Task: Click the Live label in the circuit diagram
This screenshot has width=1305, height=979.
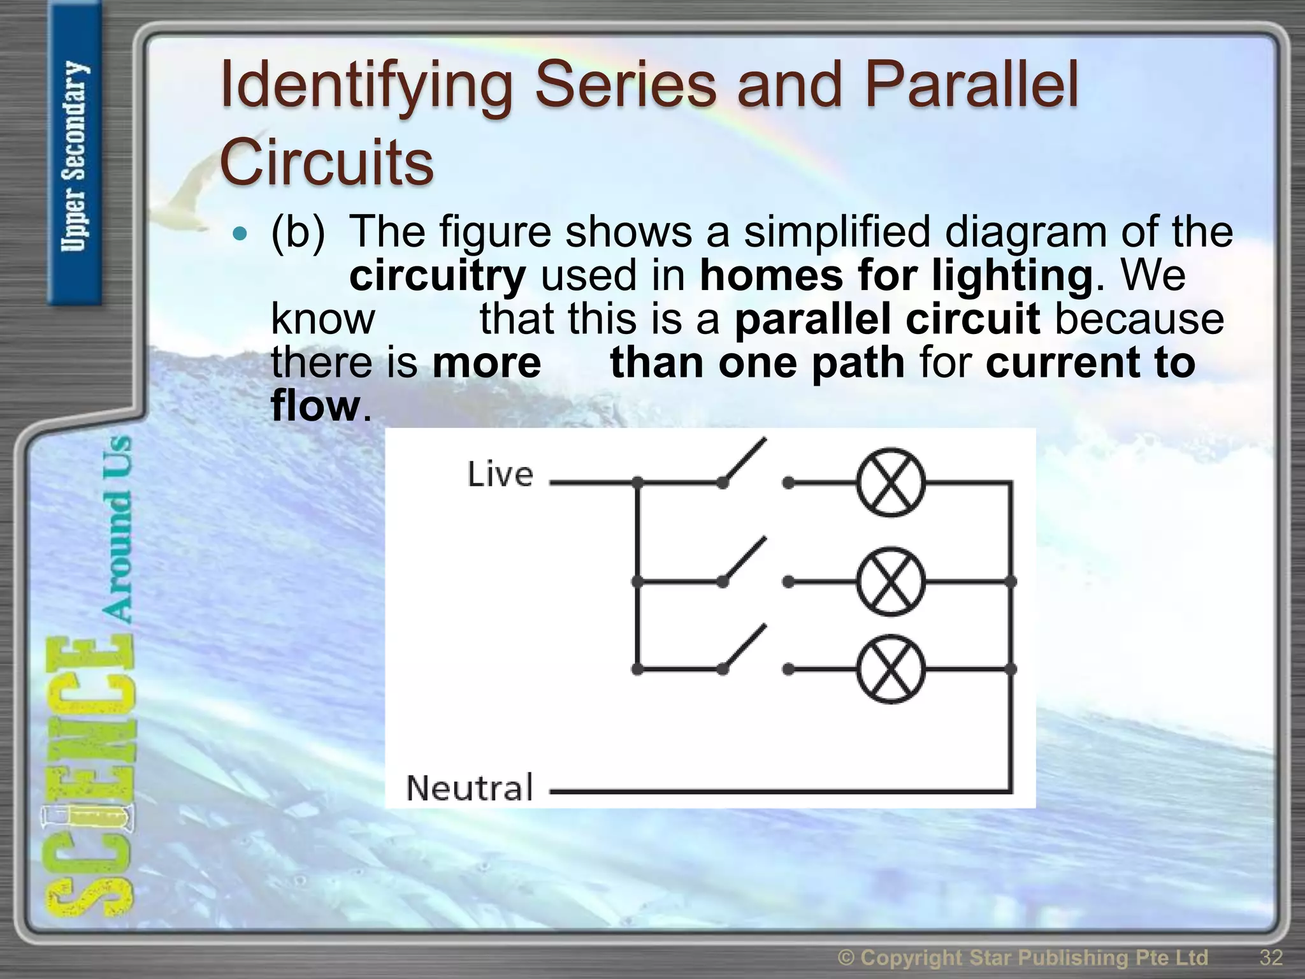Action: (500, 475)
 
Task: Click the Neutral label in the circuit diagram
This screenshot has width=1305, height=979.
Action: (470, 788)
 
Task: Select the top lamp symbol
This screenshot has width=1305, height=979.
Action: (890, 482)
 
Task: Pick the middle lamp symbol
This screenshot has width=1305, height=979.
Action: (890, 581)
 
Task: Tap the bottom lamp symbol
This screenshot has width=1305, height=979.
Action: (890, 669)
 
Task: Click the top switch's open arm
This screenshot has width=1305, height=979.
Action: (744, 461)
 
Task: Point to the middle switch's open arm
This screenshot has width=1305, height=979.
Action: (744, 560)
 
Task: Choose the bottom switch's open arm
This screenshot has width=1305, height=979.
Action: (744, 648)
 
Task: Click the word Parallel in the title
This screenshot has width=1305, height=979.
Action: (971, 86)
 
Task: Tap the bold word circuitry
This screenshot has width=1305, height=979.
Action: (438, 275)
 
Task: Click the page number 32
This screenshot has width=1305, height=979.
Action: (1271, 957)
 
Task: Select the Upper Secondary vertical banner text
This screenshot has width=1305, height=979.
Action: (75, 156)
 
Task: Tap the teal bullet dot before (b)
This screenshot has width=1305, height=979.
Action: (240, 234)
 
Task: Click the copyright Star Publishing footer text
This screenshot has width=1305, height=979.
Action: (1022, 957)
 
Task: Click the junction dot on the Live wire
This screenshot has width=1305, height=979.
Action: (637, 482)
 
